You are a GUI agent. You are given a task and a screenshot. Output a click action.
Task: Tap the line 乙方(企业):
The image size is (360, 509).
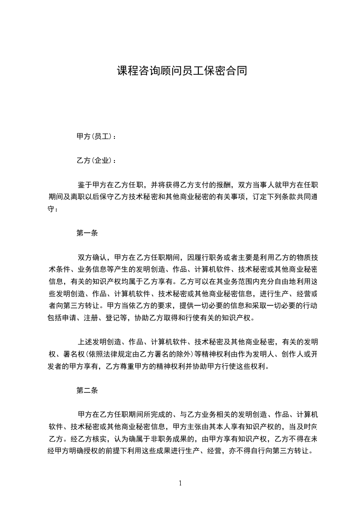[96, 161]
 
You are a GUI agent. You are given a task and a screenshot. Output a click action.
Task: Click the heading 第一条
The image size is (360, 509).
[87, 234]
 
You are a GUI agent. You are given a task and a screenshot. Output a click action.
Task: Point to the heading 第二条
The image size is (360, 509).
[87, 390]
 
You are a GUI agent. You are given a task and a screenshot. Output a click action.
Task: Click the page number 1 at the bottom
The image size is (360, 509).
[180, 483]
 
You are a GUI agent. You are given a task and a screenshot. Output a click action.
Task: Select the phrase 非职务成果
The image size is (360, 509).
[176, 439]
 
